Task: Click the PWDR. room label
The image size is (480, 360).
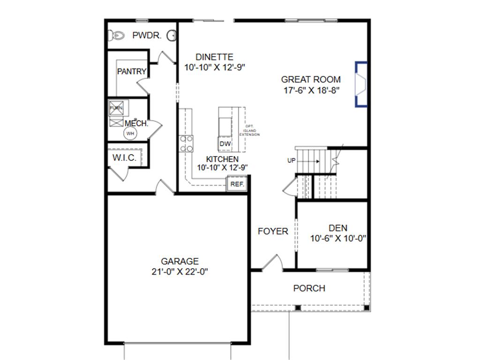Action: click(x=147, y=35)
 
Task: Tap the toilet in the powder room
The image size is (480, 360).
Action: click(x=116, y=35)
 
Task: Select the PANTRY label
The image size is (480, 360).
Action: click(x=132, y=72)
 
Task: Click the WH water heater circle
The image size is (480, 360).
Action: click(x=130, y=134)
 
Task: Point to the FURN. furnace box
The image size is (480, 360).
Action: click(x=116, y=108)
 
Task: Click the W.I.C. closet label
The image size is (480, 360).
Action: click(x=124, y=157)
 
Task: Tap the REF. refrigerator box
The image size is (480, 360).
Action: click(x=237, y=184)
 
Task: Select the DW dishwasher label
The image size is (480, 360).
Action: click(x=225, y=144)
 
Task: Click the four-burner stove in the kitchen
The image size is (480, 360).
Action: click(x=186, y=143)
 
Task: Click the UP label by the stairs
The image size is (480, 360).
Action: click(x=292, y=161)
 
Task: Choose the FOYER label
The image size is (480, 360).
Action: click(x=273, y=231)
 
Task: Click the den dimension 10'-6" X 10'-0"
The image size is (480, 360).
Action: click(x=338, y=238)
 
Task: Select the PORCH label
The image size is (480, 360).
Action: click(x=309, y=288)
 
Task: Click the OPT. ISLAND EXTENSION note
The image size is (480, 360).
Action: click(x=249, y=130)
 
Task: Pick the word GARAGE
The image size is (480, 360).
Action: click(x=180, y=261)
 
